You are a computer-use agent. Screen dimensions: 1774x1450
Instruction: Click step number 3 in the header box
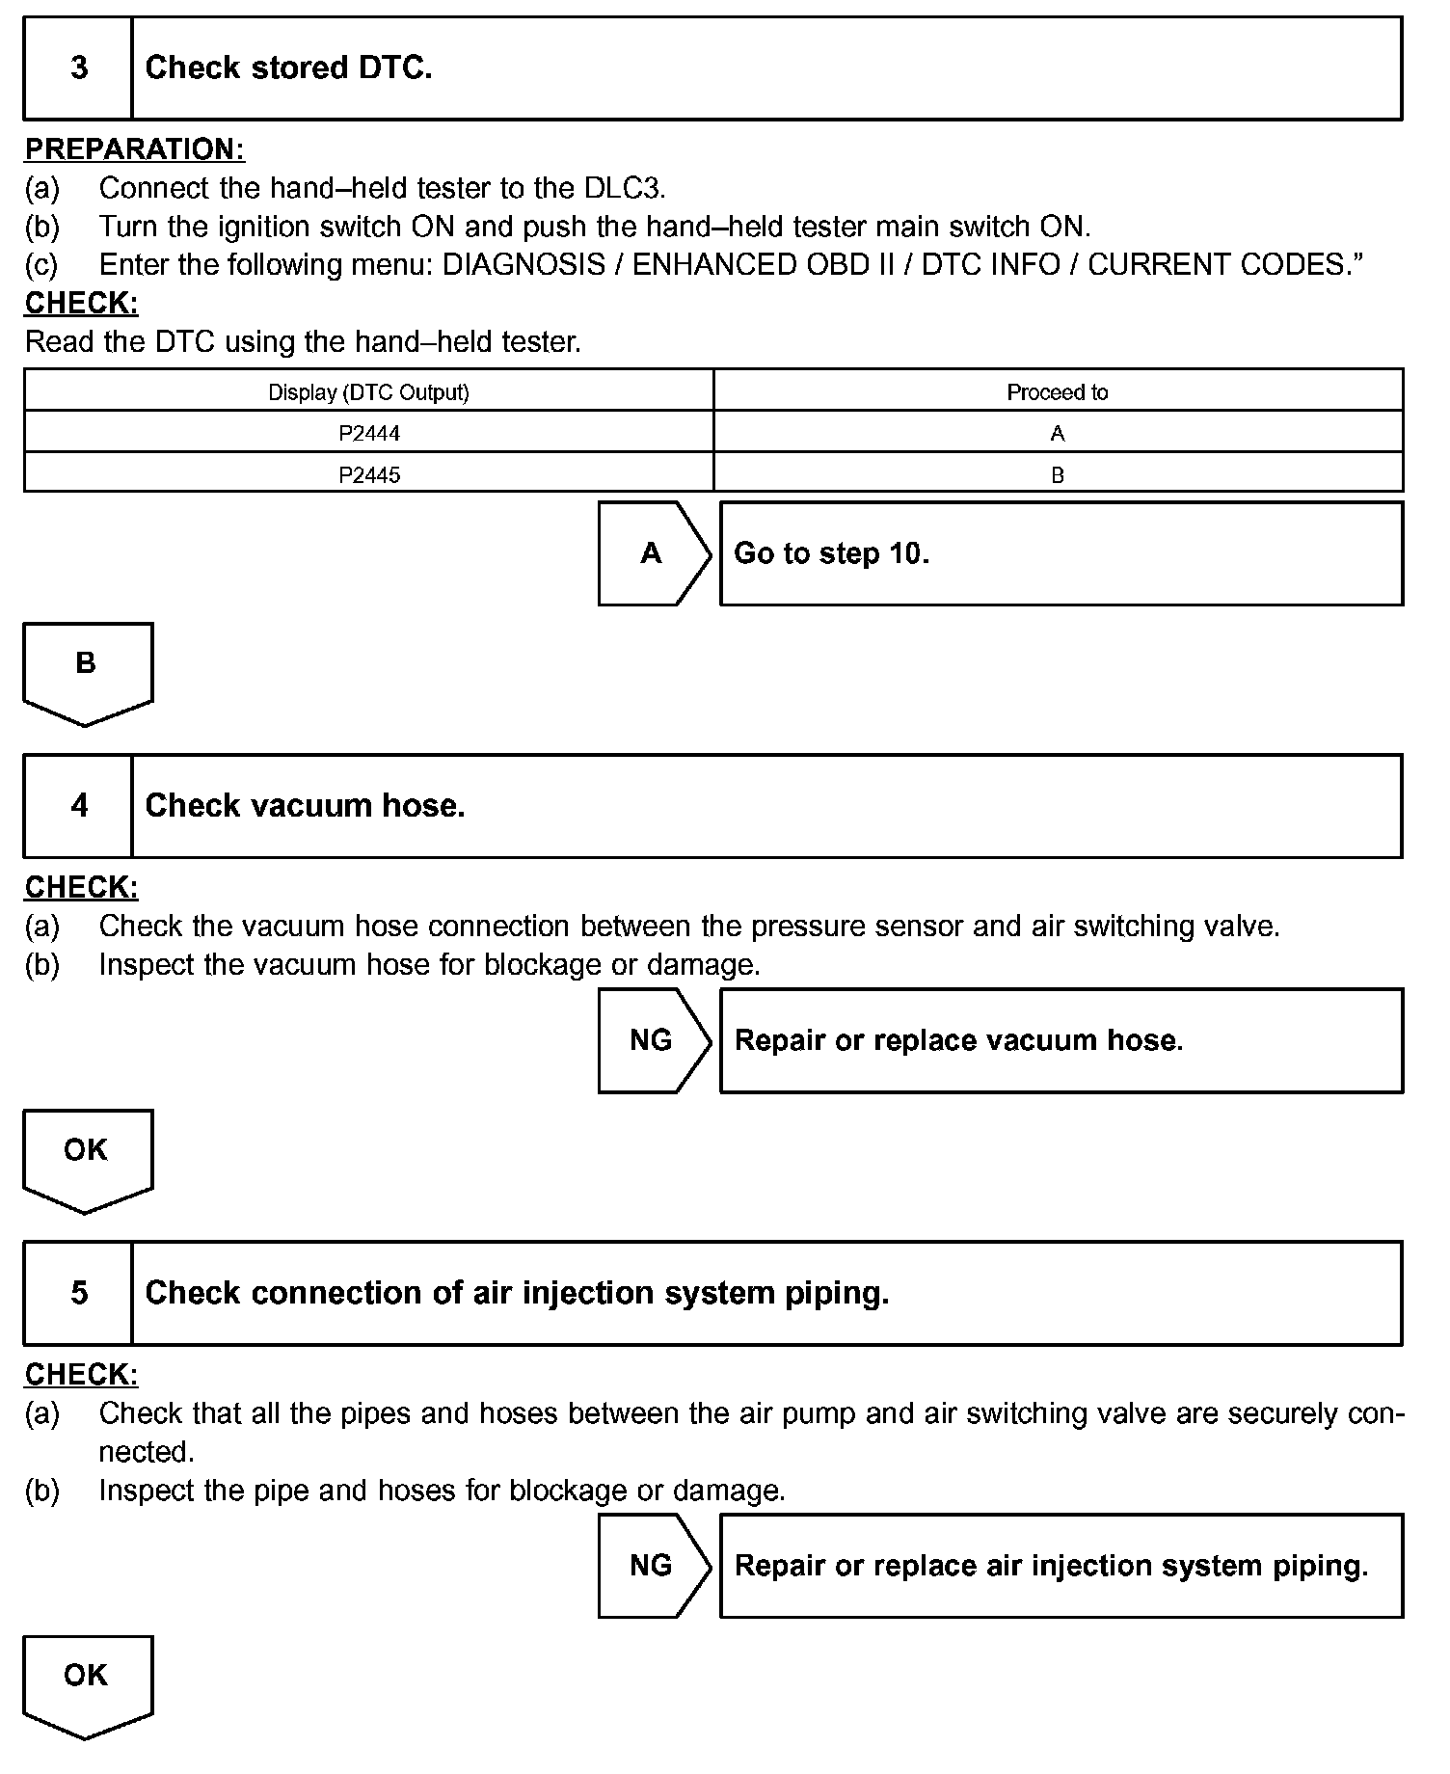(x=79, y=67)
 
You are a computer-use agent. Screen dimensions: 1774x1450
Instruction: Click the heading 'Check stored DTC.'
(x=288, y=67)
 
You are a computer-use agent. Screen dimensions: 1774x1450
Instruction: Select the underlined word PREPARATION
(x=134, y=149)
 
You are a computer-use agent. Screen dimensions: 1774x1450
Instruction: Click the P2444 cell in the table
(x=369, y=434)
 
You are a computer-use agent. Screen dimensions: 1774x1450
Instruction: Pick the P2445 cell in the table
(x=369, y=475)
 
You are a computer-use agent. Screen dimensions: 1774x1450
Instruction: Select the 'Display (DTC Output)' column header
(x=369, y=392)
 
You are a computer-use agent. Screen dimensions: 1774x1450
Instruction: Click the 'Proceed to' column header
(x=1058, y=392)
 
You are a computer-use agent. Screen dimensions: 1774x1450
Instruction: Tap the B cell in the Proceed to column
(x=1058, y=475)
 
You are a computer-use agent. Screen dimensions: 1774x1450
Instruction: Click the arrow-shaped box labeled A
(x=653, y=553)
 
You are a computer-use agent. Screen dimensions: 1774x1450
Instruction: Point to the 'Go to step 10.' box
(x=1061, y=553)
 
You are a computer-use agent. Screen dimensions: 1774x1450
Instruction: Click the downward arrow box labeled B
(x=87, y=670)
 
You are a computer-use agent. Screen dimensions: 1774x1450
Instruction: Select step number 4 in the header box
(x=79, y=806)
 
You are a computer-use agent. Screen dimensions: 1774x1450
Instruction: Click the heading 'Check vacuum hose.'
(x=305, y=806)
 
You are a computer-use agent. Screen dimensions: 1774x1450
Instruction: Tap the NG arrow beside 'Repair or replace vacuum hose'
(x=653, y=1040)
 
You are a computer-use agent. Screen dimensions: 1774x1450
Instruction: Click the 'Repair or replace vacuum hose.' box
(x=1061, y=1040)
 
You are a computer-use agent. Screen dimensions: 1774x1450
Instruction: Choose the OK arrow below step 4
(x=87, y=1157)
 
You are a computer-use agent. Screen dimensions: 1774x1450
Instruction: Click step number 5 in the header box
(x=79, y=1293)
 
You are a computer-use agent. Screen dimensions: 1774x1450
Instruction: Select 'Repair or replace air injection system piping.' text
(x=1051, y=1566)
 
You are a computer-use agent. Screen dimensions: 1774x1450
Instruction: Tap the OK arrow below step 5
(x=87, y=1682)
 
